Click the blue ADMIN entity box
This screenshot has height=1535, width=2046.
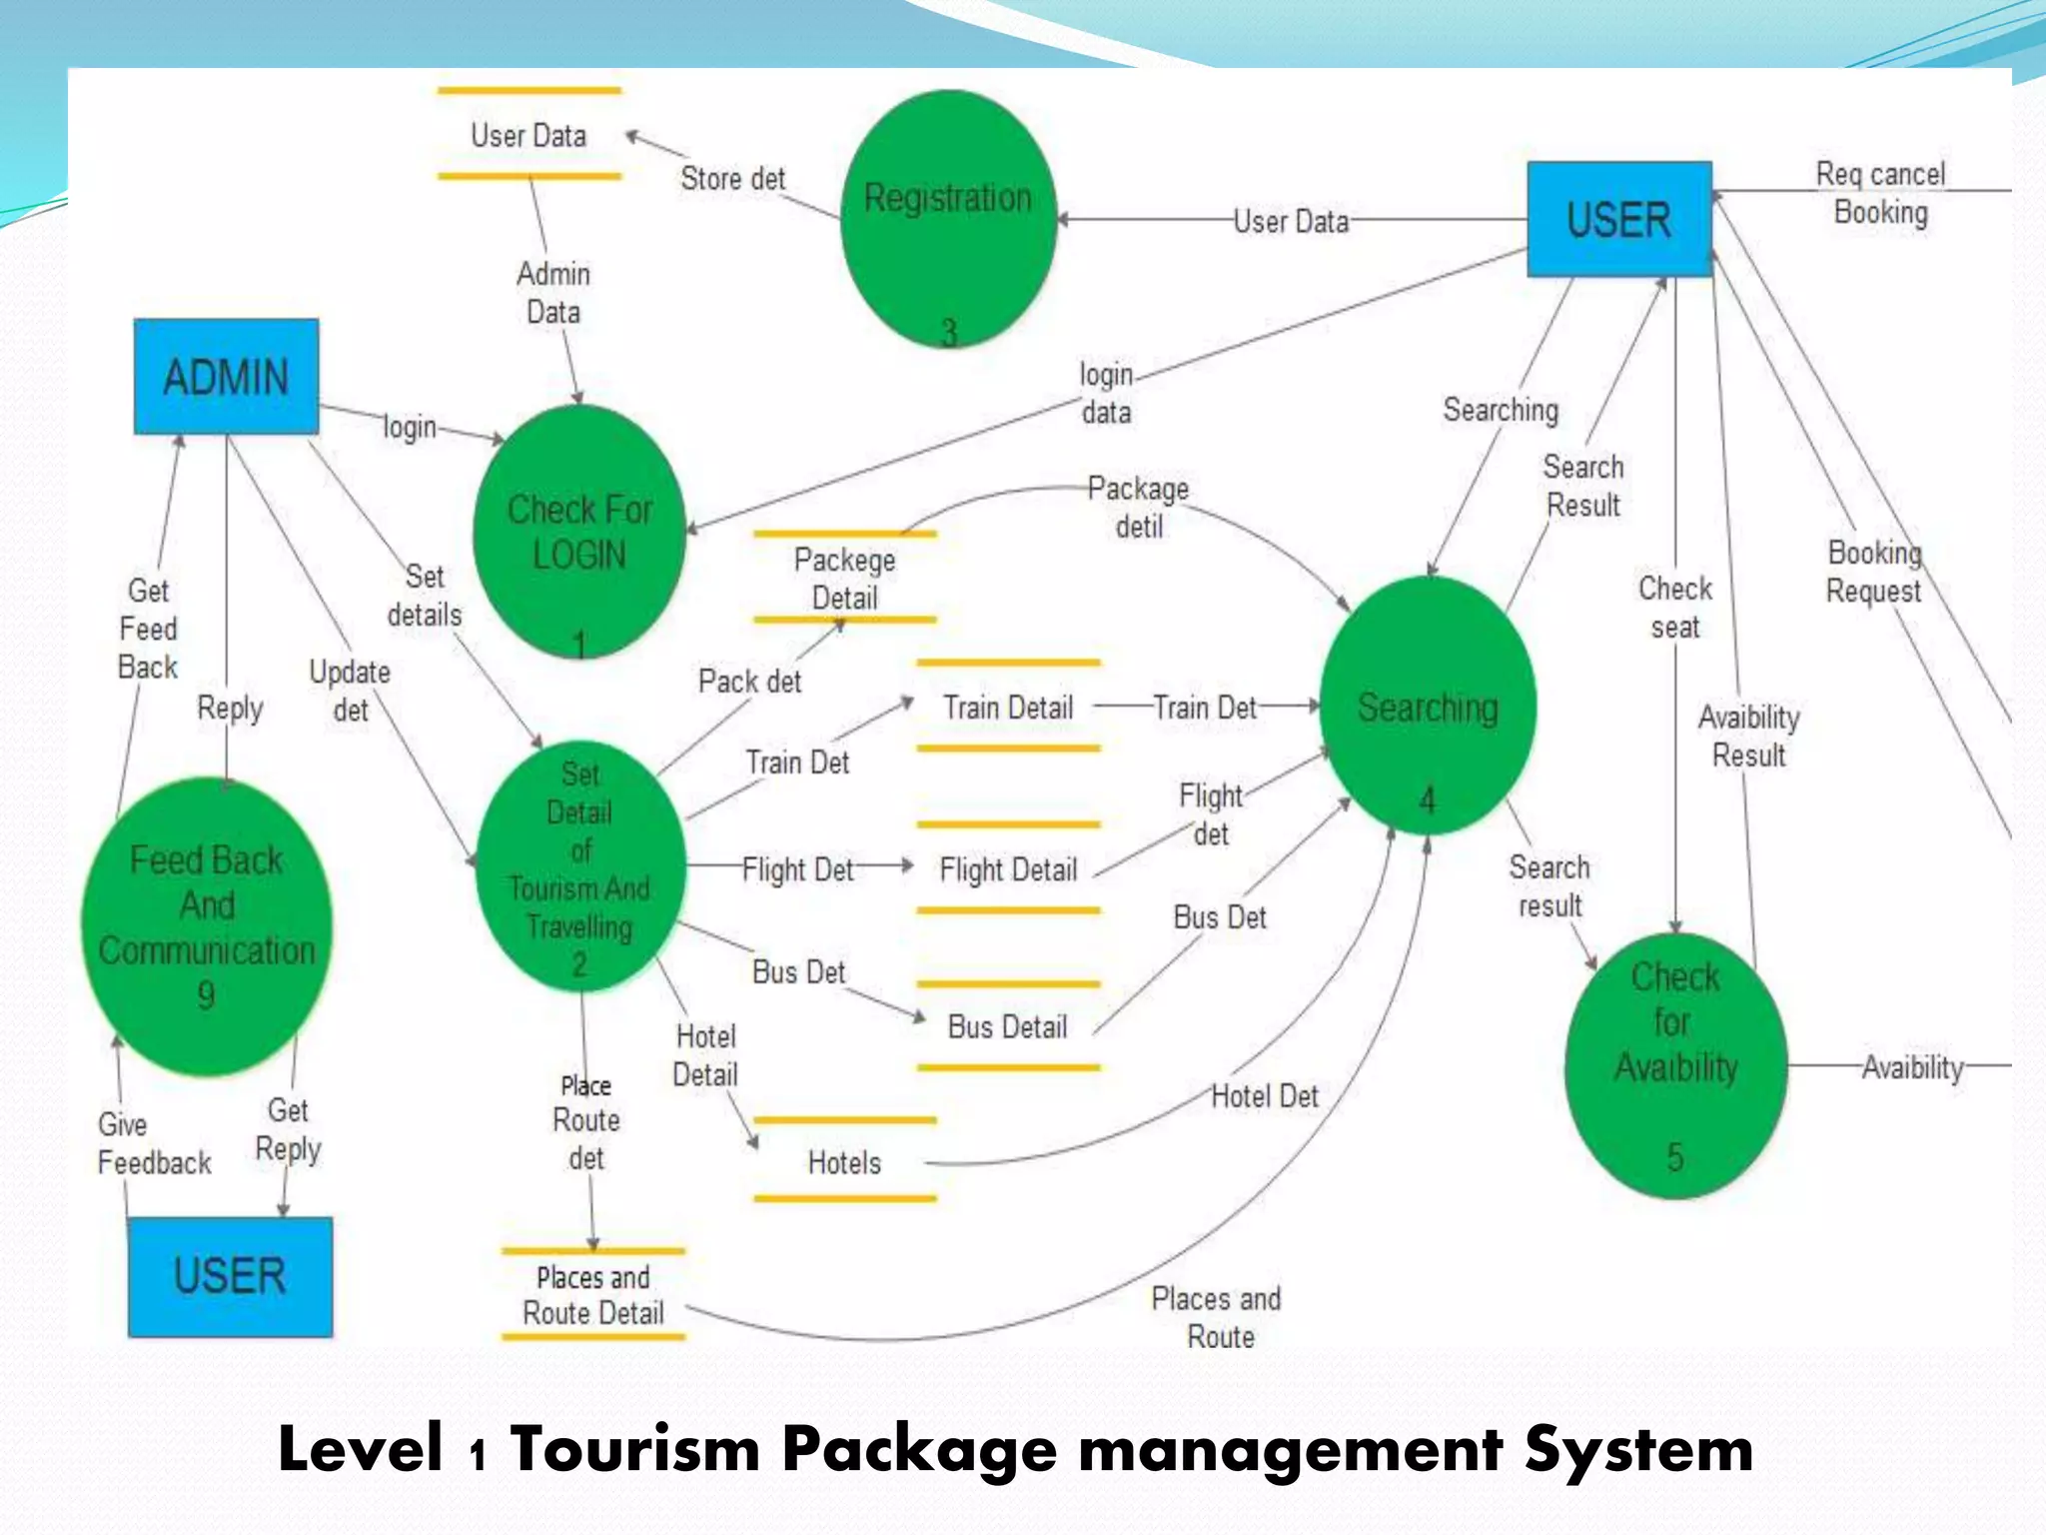[226, 377]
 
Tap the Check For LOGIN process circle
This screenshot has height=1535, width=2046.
[579, 532]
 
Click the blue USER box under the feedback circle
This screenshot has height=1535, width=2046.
[230, 1276]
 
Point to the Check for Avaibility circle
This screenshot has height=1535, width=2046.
[1675, 1064]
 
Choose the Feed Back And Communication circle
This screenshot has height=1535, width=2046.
[207, 926]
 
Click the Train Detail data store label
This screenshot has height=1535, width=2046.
[1008, 708]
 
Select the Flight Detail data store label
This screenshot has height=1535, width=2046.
[1008, 869]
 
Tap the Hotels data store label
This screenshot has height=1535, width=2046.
[844, 1162]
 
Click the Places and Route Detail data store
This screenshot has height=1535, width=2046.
[592, 1295]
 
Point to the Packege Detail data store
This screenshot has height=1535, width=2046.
[844, 579]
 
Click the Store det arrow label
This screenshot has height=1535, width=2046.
[732, 179]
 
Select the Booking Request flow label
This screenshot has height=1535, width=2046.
[1874, 572]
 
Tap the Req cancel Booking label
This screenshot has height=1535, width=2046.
[1880, 193]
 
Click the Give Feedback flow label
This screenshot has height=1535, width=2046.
[154, 1144]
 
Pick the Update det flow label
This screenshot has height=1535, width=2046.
[350, 691]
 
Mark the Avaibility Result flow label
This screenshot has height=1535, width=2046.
[1748, 736]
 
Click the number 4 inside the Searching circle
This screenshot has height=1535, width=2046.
[1428, 800]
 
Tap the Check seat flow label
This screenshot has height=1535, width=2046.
[1675, 608]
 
